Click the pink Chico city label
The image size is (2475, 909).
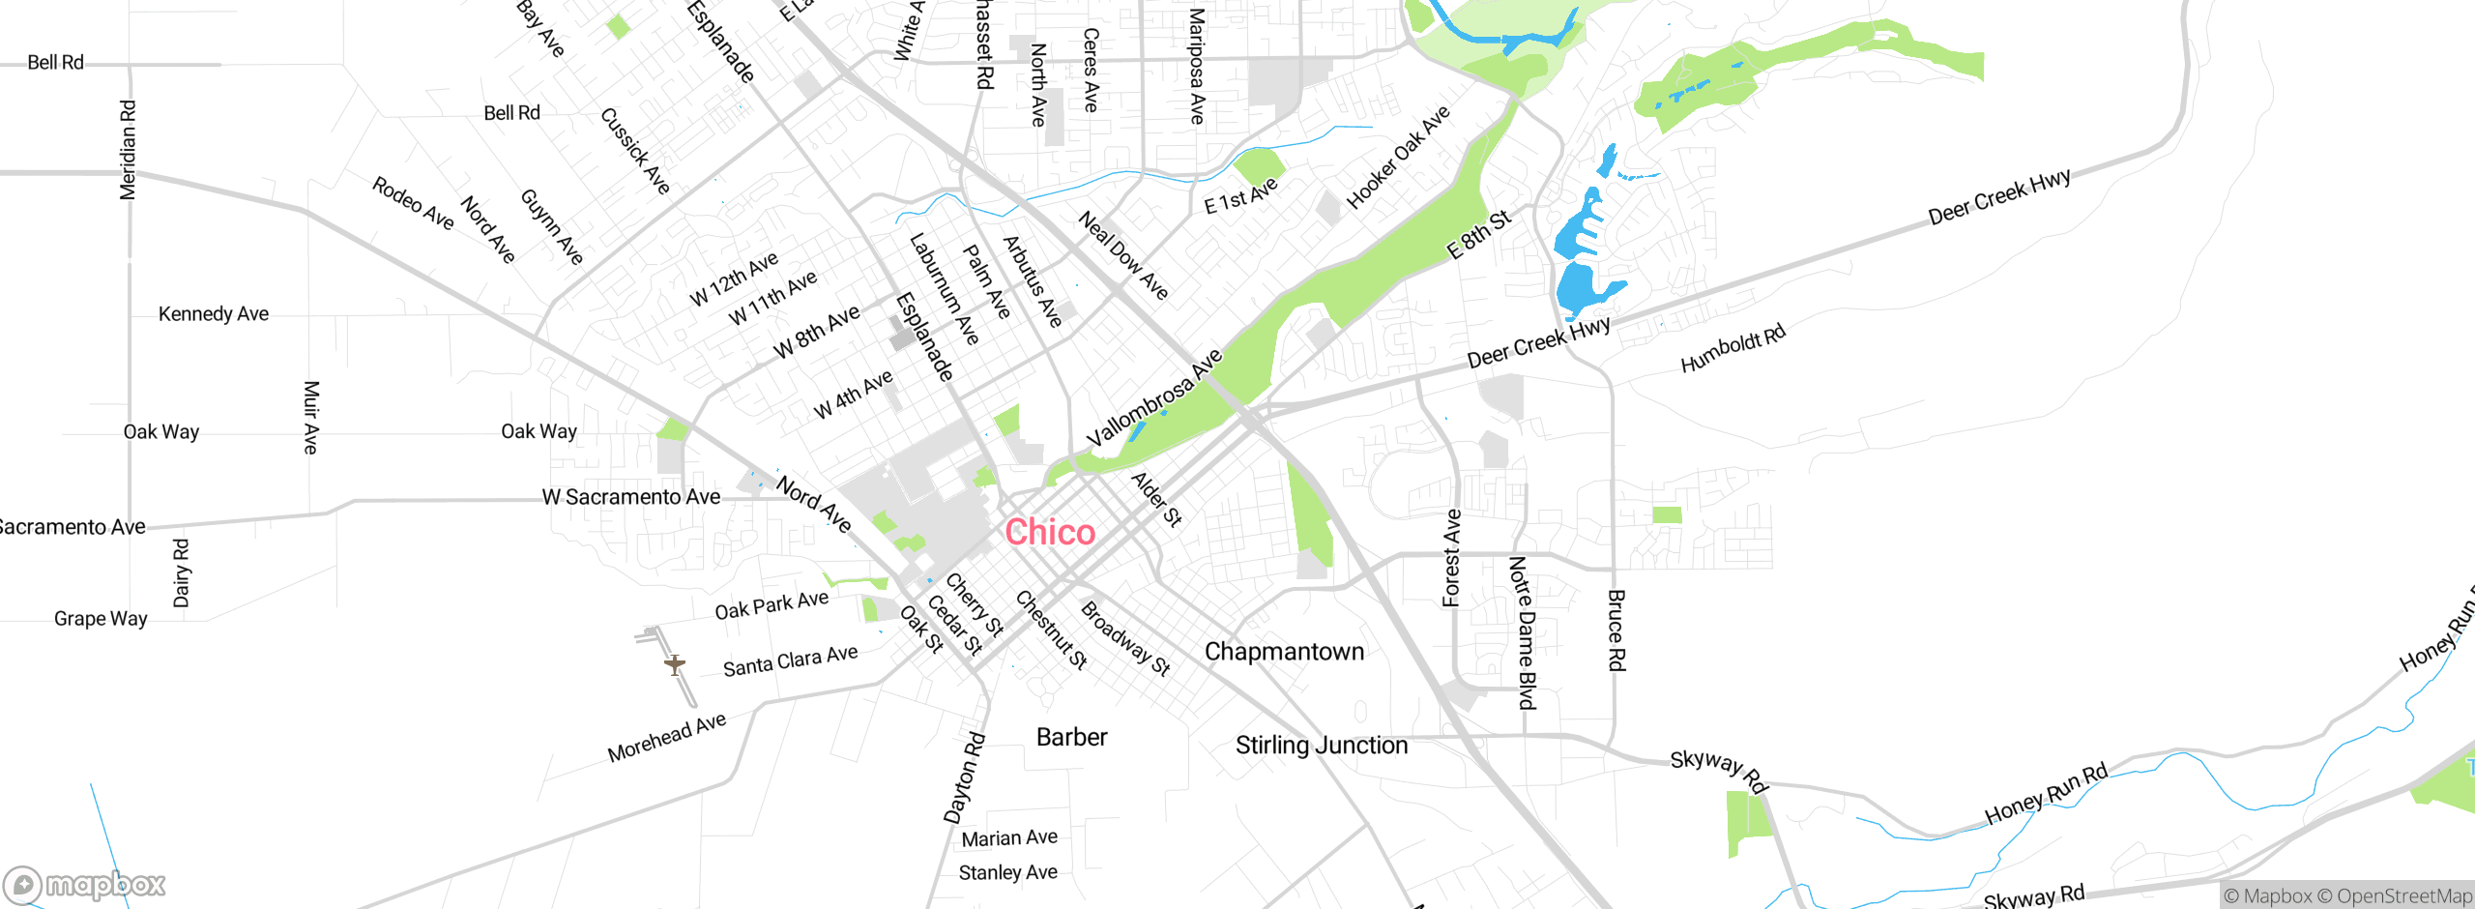[1050, 532]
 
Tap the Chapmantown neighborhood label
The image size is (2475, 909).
[1284, 652]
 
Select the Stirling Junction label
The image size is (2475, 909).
[1322, 745]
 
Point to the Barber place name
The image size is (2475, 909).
[1071, 737]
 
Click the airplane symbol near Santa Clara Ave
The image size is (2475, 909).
[675, 664]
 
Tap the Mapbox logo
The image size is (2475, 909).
[85, 885]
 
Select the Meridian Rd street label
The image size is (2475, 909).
[128, 150]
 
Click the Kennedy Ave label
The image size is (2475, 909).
[214, 314]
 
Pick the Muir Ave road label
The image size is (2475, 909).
[311, 417]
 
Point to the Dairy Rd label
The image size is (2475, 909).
[182, 572]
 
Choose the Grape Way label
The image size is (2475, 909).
[101, 619]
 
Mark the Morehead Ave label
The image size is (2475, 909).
[667, 738]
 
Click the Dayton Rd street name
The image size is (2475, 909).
[965, 777]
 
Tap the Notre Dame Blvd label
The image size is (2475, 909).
[1523, 632]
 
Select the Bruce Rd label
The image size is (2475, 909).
[1616, 630]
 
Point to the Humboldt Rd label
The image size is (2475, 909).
[1732, 349]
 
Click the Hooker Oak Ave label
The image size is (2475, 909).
[1398, 157]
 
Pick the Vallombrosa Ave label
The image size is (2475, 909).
[1154, 397]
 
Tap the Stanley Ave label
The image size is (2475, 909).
[1007, 873]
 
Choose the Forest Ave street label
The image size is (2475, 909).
[1452, 558]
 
